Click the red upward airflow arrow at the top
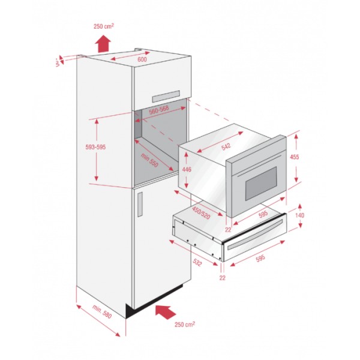(104, 43)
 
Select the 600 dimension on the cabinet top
(142, 59)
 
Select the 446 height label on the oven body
(188, 170)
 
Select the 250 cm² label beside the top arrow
(104, 26)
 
